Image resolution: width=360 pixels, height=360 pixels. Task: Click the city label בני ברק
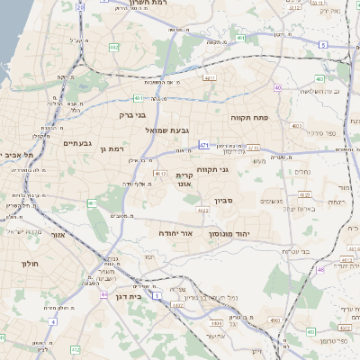(x=132, y=115)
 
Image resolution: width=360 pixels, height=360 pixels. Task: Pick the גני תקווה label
(x=236, y=169)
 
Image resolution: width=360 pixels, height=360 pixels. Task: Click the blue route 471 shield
(x=204, y=145)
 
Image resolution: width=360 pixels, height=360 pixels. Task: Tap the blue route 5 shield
(x=321, y=42)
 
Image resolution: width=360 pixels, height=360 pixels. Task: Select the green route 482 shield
(x=115, y=46)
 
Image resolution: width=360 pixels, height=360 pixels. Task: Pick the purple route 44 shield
(x=103, y=294)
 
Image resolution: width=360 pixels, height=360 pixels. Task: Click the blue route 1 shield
(x=157, y=293)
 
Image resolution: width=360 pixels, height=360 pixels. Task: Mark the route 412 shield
(x=76, y=348)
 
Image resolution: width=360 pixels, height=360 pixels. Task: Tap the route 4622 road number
(x=202, y=211)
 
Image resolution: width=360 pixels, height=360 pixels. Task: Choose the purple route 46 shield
(x=320, y=269)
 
